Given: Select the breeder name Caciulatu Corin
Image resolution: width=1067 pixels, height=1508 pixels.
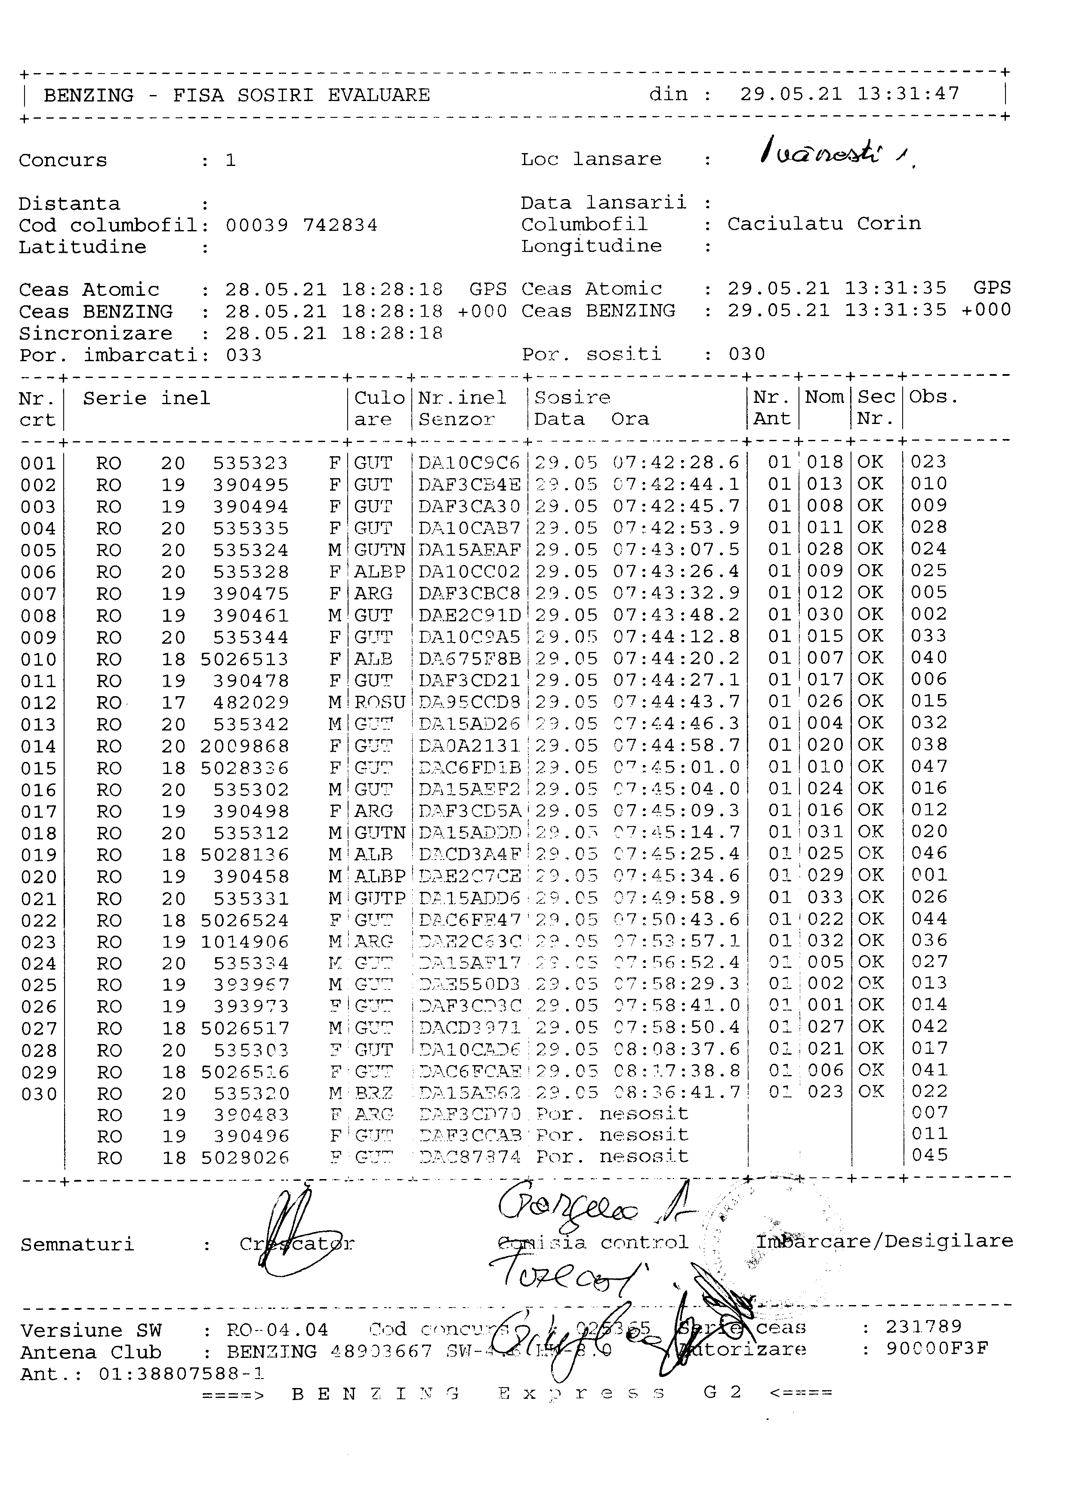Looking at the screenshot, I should [823, 224].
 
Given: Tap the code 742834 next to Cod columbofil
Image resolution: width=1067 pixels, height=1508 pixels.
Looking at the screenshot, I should [340, 226].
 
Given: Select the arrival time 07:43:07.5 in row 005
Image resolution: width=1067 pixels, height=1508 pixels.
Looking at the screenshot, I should [676, 550].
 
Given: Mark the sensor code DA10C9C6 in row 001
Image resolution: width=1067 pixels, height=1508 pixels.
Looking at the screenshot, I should [469, 463].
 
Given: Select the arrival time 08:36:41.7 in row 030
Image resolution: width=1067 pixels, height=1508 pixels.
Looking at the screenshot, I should [676, 1092].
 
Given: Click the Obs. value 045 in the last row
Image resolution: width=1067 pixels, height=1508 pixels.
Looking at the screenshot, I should [929, 1155].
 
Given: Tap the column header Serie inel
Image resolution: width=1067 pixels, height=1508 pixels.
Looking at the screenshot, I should [147, 399].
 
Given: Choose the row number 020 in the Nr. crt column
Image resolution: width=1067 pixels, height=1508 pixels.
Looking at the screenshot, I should [39, 877].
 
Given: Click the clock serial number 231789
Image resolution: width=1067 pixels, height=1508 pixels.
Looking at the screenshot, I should [923, 1327].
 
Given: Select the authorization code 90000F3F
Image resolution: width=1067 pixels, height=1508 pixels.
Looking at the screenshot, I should [936, 1348].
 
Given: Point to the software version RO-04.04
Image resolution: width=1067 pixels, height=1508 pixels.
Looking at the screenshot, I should [277, 1330].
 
